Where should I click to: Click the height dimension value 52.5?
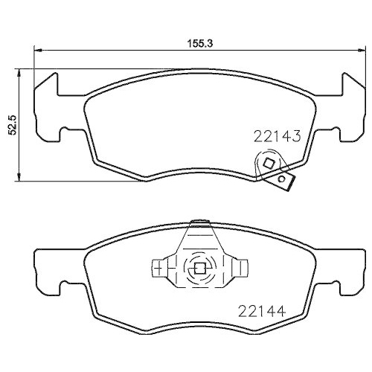[12, 124]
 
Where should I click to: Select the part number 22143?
[276, 136]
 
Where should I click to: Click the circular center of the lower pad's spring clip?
[199, 269]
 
